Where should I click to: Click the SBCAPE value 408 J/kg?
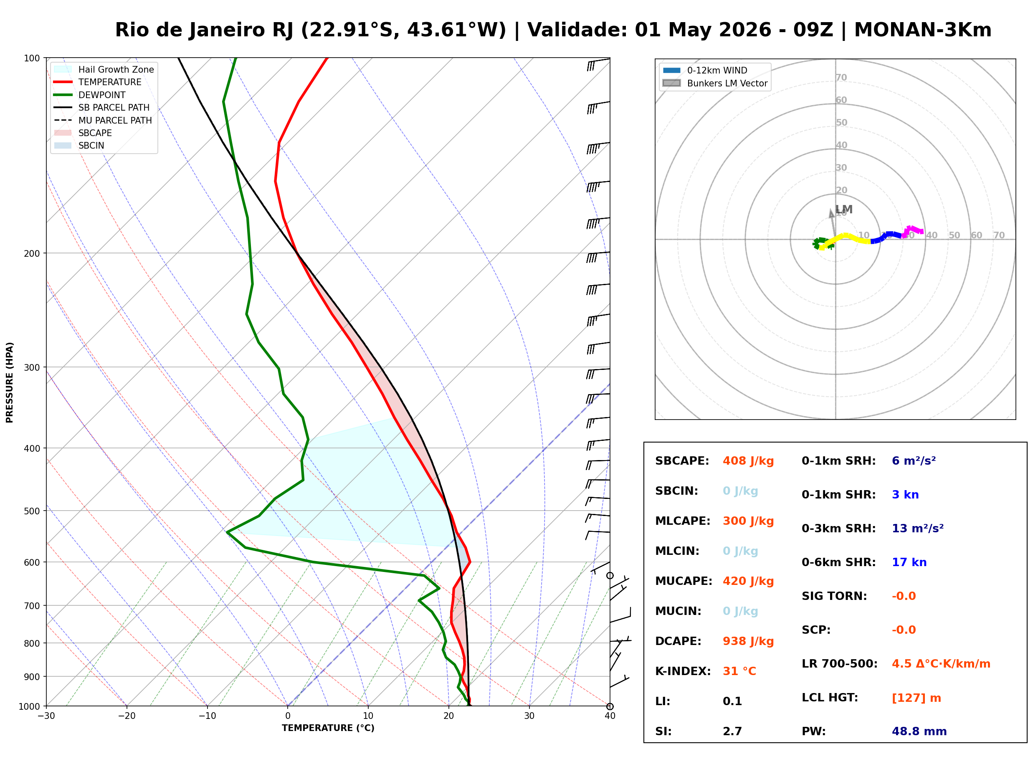click(748, 461)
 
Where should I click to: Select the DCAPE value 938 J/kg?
click(748, 641)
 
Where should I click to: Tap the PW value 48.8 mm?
click(919, 731)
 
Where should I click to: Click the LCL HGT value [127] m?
click(916, 698)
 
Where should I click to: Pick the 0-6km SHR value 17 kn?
click(909, 562)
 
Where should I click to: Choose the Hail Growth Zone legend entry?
click(116, 69)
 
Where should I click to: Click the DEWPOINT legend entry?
click(102, 95)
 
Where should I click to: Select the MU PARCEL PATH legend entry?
click(115, 120)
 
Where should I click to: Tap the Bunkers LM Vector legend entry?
click(727, 83)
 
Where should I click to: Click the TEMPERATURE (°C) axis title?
click(328, 728)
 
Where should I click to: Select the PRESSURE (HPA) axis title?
click(10, 382)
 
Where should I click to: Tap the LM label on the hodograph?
click(844, 210)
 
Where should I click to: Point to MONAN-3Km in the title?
click(922, 30)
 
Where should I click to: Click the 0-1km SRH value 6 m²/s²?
click(914, 461)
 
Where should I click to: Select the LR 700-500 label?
click(839, 664)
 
